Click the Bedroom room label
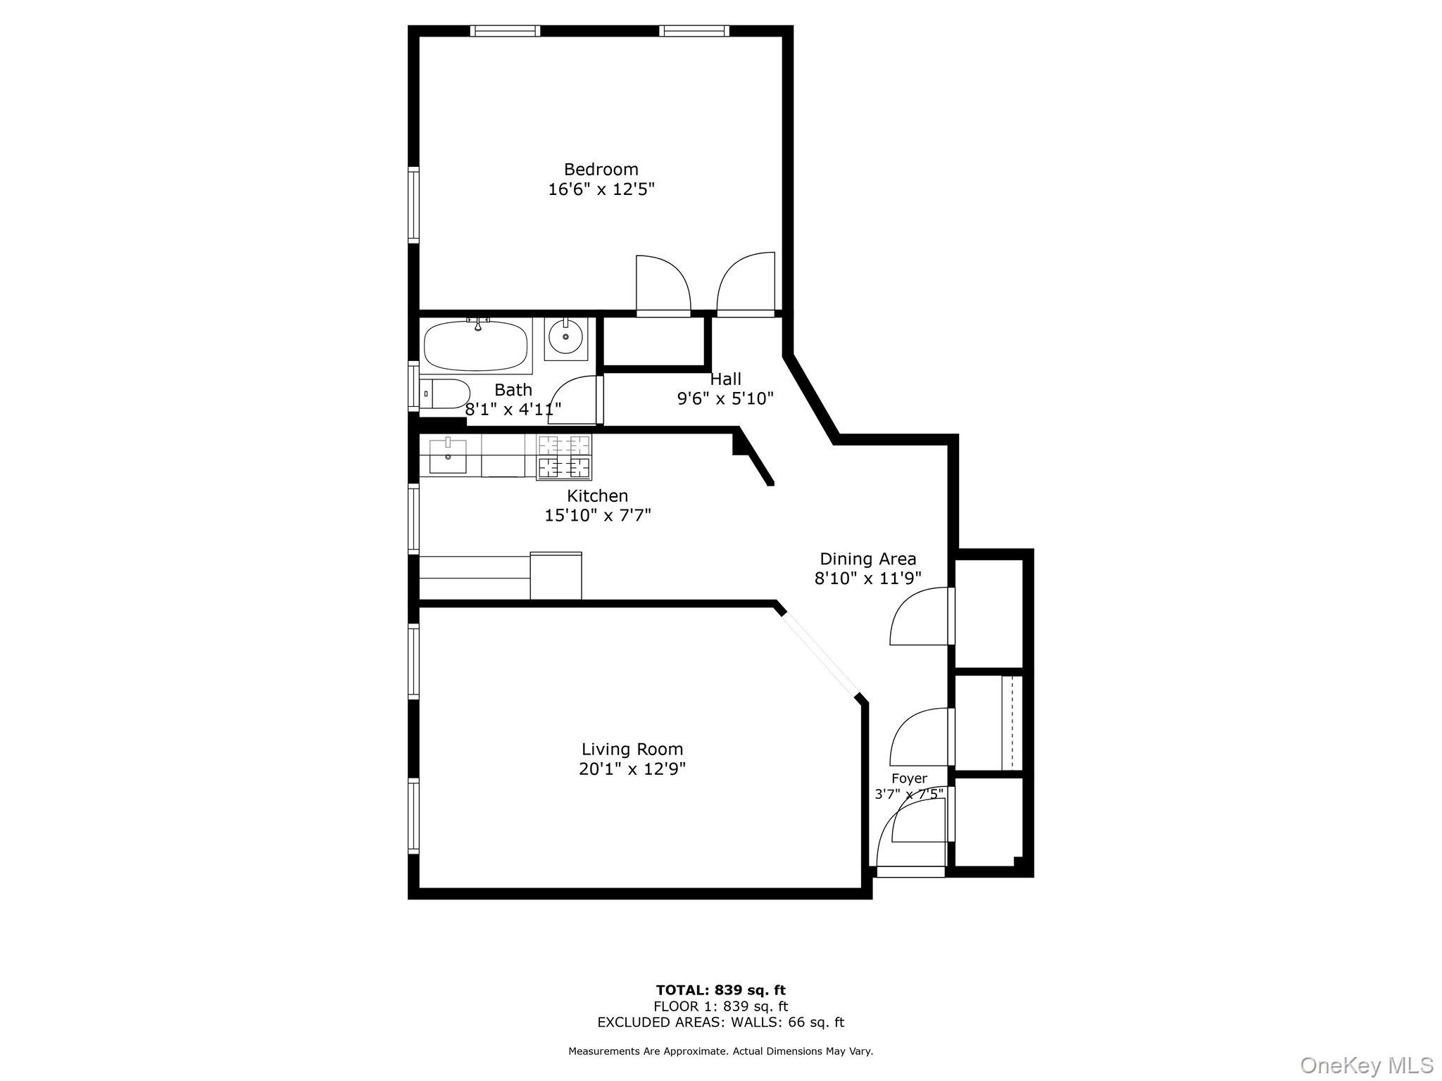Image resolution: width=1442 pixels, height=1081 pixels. click(601, 170)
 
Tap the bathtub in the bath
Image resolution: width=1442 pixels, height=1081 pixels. click(476, 346)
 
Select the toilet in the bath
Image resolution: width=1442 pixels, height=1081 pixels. click(445, 394)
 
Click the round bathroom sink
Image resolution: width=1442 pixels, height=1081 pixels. click(565, 337)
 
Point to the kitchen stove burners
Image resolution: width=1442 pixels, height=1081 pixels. click(564, 456)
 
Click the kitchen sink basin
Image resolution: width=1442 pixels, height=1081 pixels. click(447, 455)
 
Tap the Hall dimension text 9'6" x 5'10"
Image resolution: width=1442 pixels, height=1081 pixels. click(725, 399)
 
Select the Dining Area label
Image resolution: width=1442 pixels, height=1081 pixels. click(867, 560)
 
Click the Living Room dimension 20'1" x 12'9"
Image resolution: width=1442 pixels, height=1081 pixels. click(632, 769)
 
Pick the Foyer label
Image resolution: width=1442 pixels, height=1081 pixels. click(909, 778)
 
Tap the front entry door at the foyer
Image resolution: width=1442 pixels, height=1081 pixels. click(910, 871)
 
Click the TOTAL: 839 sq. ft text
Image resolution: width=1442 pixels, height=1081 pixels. click(720, 990)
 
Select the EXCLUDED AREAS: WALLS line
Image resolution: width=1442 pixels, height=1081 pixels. click(720, 1023)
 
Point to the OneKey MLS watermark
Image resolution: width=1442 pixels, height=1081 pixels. click(1367, 1064)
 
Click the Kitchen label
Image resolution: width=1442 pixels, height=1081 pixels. click(597, 496)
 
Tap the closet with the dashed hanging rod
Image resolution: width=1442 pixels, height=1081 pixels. click(987, 723)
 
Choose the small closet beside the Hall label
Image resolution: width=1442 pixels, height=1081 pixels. click(654, 341)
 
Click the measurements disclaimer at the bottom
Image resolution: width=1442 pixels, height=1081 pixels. click(720, 1051)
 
